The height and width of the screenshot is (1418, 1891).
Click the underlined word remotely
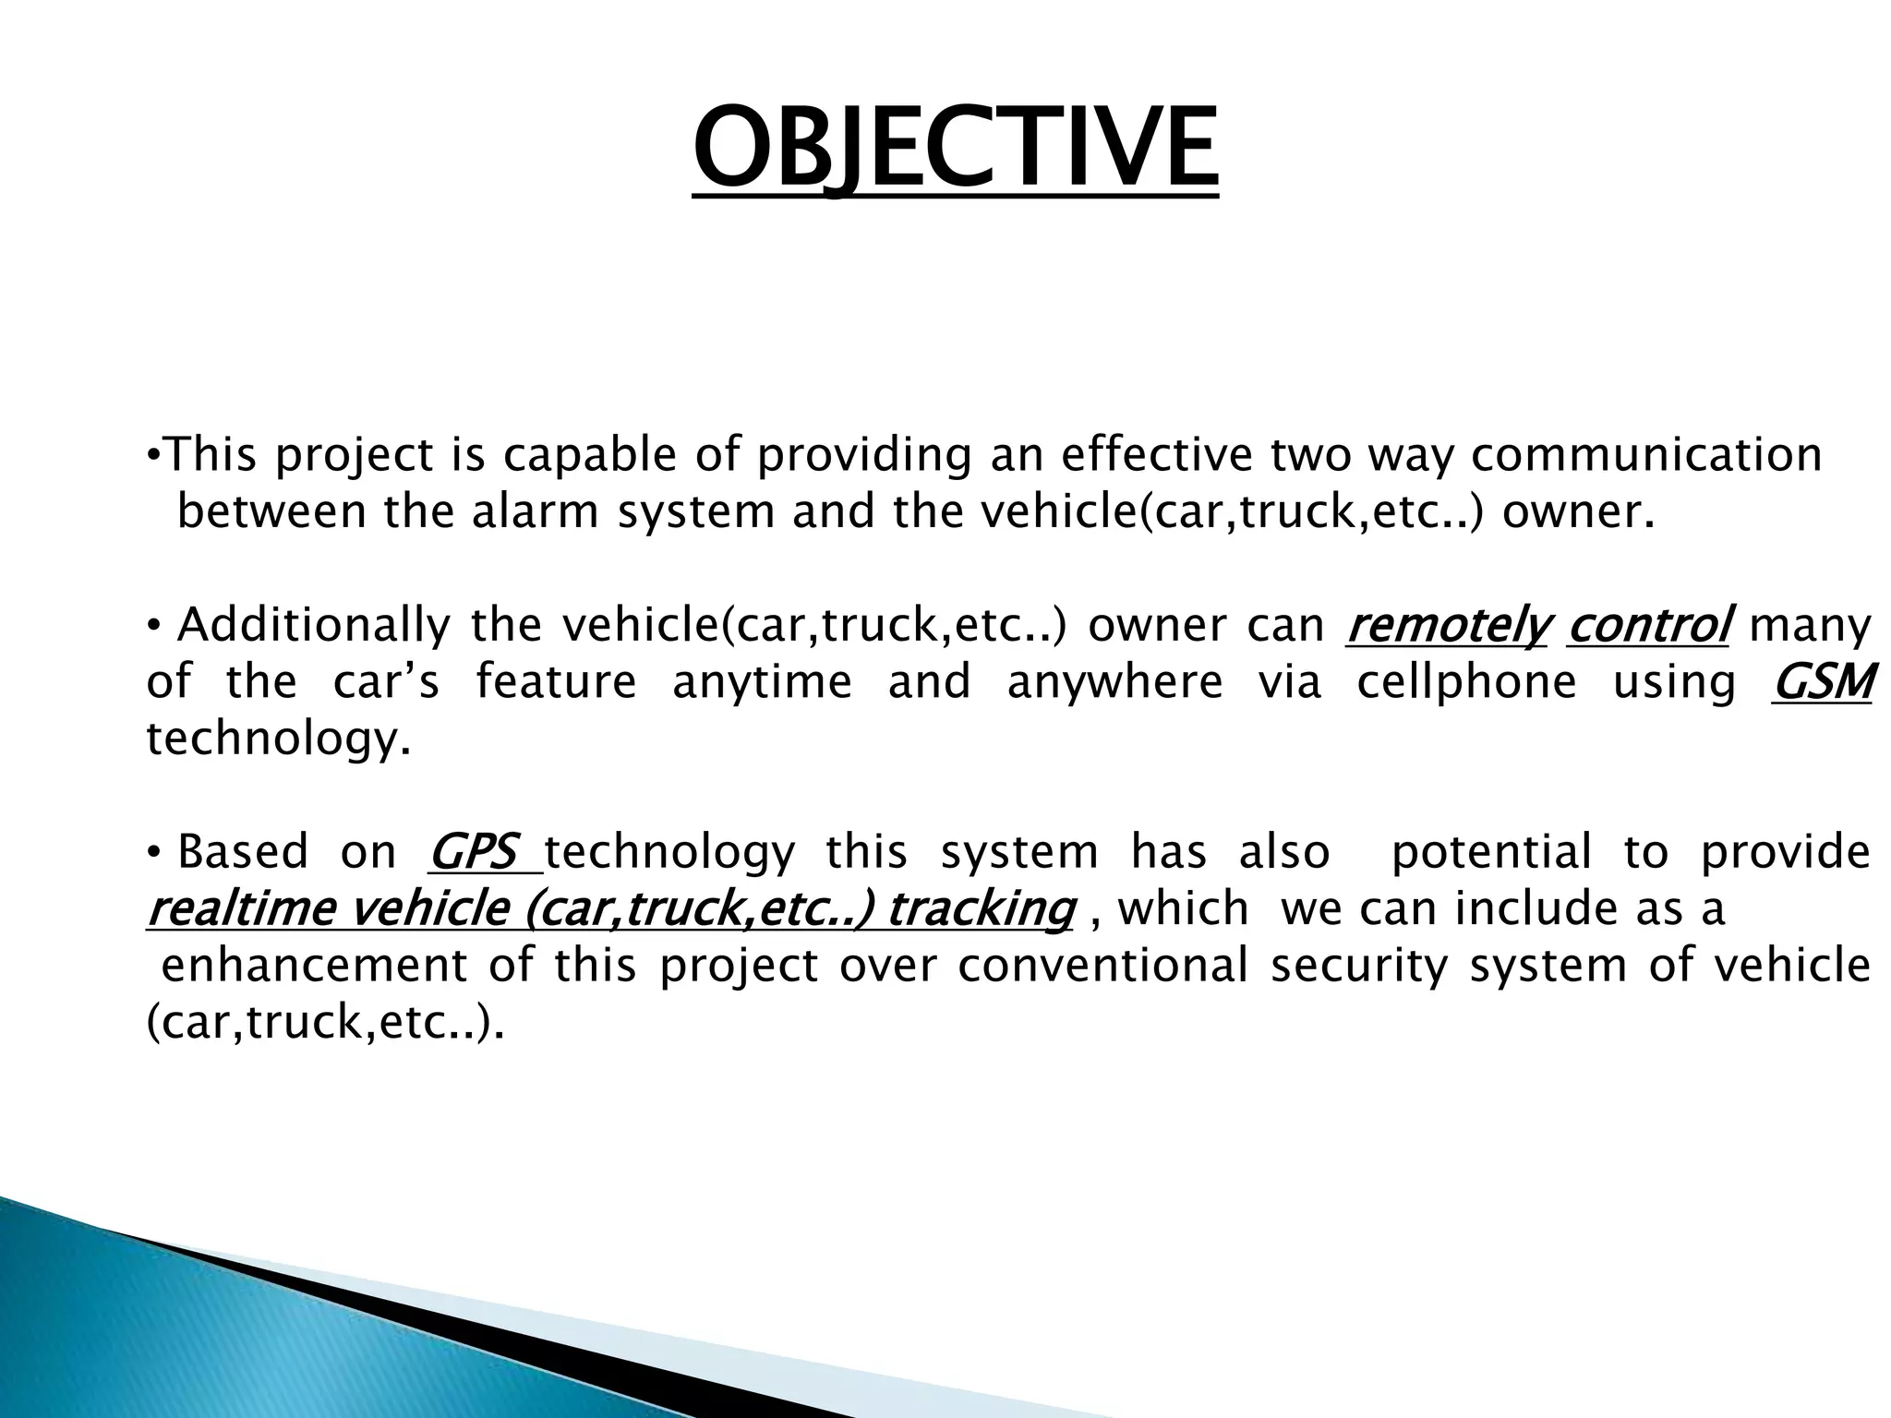pos(1446,626)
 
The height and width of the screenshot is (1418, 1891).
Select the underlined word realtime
pos(242,909)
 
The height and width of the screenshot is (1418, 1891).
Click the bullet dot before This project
pos(153,456)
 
